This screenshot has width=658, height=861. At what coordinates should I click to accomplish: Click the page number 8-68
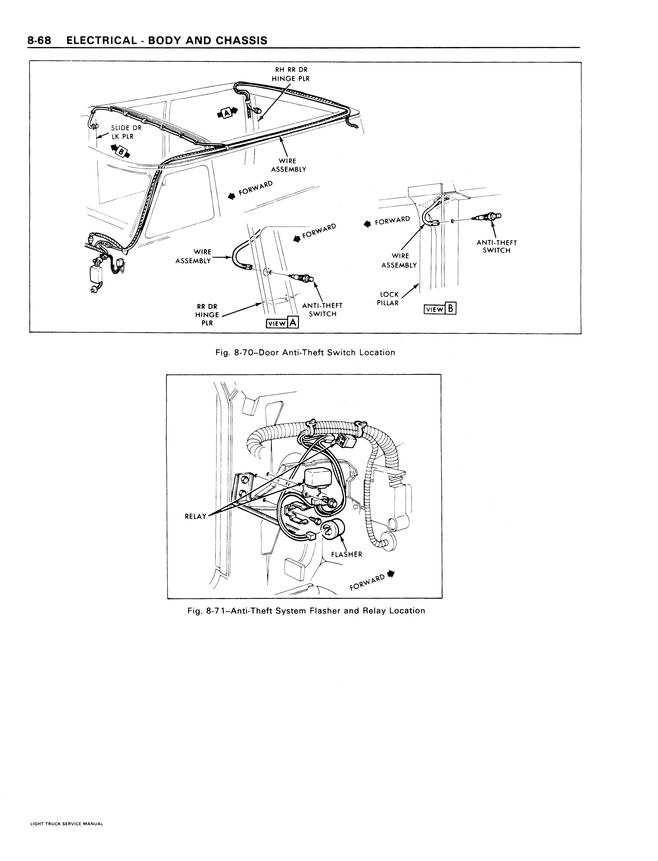click(39, 40)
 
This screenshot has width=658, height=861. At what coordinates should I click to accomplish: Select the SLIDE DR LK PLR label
click(126, 132)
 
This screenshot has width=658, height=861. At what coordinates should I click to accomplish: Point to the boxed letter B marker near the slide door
click(121, 151)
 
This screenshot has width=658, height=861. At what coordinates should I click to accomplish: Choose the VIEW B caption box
click(440, 309)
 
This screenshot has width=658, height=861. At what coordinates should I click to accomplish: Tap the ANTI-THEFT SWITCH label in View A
click(322, 310)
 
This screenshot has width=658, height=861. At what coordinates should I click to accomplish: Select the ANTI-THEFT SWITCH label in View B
click(497, 247)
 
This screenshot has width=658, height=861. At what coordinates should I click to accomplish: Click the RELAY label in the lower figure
click(195, 516)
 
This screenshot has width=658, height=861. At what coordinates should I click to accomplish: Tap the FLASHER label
click(347, 554)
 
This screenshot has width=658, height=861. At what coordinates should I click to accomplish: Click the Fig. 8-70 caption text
click(305, 352)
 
